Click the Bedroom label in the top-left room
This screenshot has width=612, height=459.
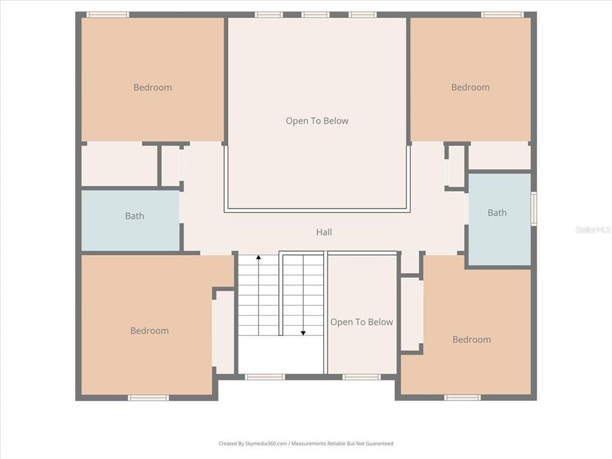152,87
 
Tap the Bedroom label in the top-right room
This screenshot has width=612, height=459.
470,87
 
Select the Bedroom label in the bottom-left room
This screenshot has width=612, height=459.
149,330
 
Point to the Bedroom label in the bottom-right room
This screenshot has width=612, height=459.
471,339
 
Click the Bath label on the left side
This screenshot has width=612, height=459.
135,216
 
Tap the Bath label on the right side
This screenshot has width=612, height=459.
497,212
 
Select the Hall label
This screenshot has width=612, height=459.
324,232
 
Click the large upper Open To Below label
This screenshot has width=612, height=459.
317,120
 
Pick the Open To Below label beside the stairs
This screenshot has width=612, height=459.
361,322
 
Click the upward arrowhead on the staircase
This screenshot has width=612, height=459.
258,258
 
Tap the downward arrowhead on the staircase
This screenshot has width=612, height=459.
303,332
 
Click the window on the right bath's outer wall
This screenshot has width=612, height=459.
534,208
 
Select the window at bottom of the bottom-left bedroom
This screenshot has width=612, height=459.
148,398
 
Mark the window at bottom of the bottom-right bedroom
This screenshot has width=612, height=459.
462,398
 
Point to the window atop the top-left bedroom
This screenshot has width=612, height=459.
107,15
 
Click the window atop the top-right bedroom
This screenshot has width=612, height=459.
502,15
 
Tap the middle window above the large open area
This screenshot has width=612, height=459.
316,15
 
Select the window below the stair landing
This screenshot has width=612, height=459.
265,377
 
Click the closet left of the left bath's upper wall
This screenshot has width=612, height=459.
119,165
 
